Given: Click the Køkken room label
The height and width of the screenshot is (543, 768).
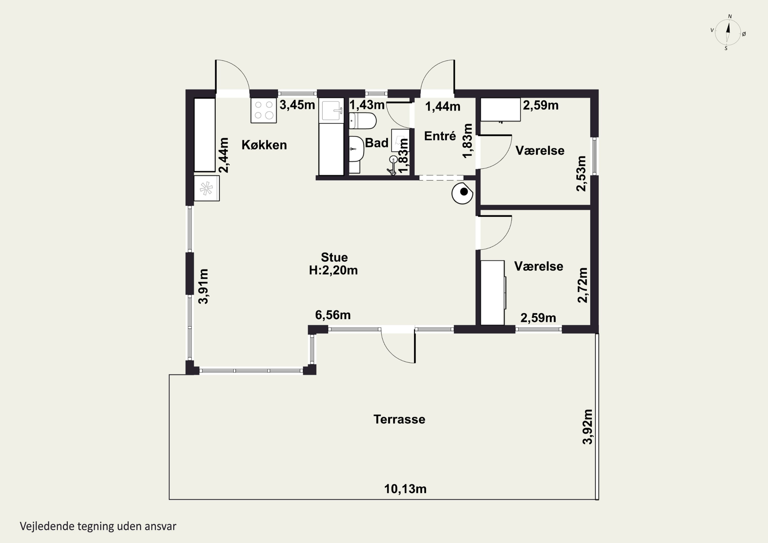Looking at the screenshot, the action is click(264, 145).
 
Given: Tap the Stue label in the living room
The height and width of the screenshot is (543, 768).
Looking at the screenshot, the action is click(334, 257).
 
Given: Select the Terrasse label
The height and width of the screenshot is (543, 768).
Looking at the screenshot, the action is click(399, 419).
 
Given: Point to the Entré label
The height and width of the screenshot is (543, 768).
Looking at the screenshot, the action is click(440, 136).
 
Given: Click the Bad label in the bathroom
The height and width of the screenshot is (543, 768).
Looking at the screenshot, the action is click(377, 143).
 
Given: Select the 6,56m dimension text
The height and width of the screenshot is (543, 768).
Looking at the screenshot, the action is click(333, 315).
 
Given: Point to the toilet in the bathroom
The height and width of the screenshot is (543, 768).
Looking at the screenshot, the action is click(362, 121).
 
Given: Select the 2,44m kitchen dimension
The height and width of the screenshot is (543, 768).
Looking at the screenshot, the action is click(223, 155).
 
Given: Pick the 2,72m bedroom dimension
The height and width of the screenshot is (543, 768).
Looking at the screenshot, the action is click(582, 285).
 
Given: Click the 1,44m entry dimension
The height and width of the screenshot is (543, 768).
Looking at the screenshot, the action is click(443, 107).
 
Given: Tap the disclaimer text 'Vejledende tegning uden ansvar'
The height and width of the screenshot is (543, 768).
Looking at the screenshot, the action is click(98, 526).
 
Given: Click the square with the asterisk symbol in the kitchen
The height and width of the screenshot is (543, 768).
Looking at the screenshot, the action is click(207, 189).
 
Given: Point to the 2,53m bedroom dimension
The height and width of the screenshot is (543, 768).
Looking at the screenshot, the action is click(581, 173).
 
